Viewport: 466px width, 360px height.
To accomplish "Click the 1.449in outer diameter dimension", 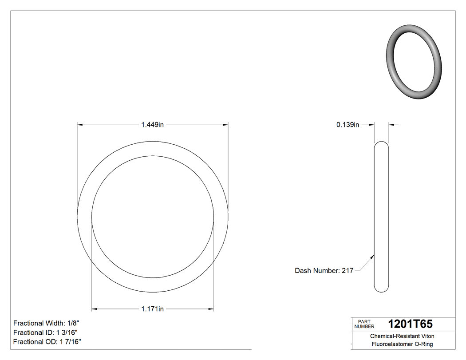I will tap(153, 125).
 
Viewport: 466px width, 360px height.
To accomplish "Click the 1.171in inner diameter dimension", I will tap(153, 309).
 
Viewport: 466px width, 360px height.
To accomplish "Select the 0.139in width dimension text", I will tap(348, 125).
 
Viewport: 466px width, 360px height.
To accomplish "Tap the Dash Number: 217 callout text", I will tap(324, 270).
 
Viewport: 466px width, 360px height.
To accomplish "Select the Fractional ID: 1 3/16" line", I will tap(46, 332).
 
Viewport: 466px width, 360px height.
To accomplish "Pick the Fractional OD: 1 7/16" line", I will tap(47, 342).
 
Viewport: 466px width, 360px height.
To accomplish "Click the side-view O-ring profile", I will tap(382, 217).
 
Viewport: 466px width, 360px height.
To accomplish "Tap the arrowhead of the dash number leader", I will tap(372, 255).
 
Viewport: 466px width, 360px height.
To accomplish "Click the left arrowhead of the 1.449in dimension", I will tap(80, 125).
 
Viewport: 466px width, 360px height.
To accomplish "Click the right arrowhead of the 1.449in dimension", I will tap(226, 125).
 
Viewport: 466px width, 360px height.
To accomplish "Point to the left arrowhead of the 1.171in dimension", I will tap(94, 309).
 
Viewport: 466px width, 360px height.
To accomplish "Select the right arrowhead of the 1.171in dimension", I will tap(211, 309).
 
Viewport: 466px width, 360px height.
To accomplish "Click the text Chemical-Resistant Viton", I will tap(402, 336).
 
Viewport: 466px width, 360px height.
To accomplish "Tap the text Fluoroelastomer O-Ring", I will tap(402, 344).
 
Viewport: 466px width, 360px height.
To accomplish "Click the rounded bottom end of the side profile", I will tap(382, 289).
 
